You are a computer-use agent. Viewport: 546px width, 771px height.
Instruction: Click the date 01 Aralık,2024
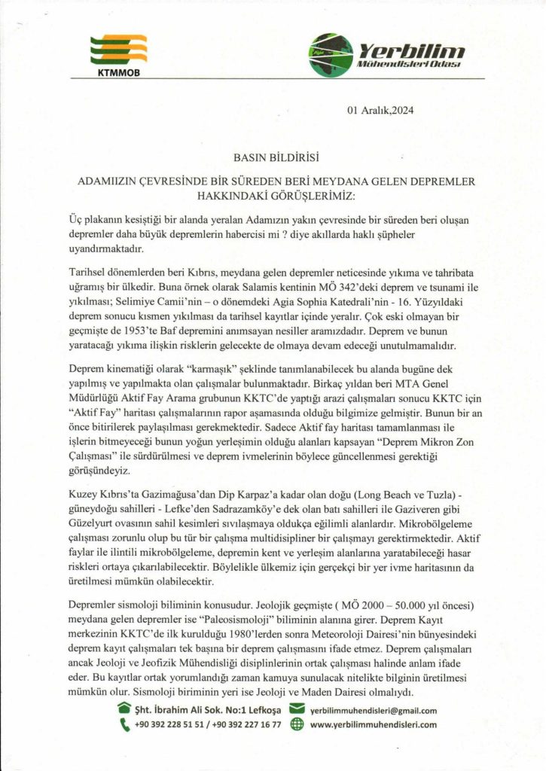(380, 110)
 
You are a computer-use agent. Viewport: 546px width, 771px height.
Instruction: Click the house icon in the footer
(124, 709)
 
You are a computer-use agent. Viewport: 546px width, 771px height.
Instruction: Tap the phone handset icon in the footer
(124, 725)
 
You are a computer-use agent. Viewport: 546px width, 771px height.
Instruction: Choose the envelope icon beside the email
(296, 709)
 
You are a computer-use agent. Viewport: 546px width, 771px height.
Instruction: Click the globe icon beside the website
(296, 725)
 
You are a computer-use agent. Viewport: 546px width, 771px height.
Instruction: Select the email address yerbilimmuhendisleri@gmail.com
(374, 710)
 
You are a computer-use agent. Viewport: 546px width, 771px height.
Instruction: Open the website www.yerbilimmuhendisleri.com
(374, 725)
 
